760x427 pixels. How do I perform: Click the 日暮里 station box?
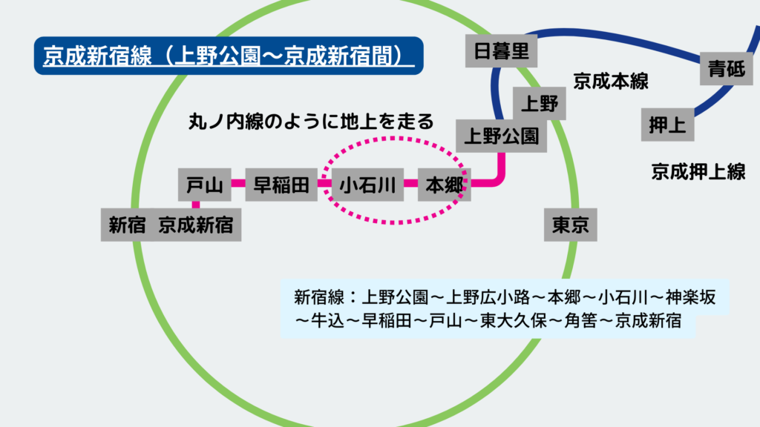[501, 51]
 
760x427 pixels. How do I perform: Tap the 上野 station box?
[540, 102]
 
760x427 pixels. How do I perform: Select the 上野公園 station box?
[501, 136]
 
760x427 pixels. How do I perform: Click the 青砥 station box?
[727, 70]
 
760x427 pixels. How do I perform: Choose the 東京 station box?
[570, 224]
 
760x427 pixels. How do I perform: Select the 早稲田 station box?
[281, 185]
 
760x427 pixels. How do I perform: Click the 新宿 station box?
[127, 225]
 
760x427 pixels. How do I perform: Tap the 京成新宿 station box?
[196, 225]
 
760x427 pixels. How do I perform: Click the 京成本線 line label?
[611, 82]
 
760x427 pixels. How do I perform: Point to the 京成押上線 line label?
[698, 172]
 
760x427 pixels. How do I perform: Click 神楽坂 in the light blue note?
[691, 297]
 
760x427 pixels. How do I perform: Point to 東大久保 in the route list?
[511, 322]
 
